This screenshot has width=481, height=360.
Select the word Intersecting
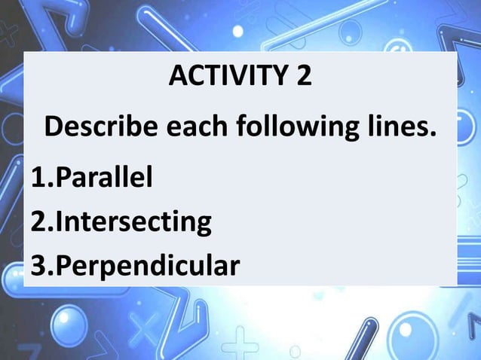(133, 222)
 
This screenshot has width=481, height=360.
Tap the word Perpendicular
(148, 266)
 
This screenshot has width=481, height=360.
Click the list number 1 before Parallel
(38, 178)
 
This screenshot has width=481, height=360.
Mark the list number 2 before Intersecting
(38, 222)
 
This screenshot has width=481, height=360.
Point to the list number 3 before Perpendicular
(38, 266)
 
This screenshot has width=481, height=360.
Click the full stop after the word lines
(433, 137)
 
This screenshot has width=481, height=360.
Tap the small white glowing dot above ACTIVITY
(237, 31)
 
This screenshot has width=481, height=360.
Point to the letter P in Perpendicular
(63, 266)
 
